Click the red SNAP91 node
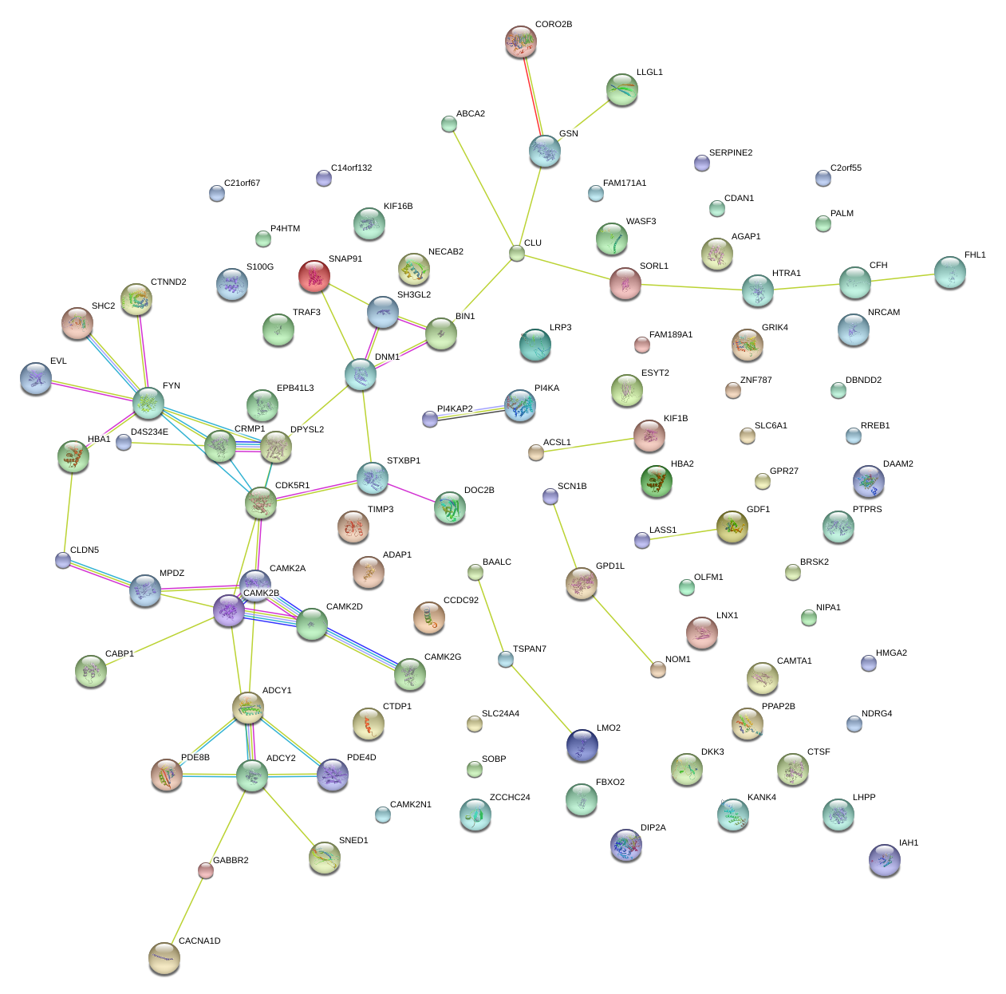pyautogui.click(x=314, y=276)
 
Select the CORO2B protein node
pyautogui.click(x=521, y=41)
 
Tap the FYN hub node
pyautogui.click(x=148, y=403)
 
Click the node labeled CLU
pyautogui.click(x=517, y=254)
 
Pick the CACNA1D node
pyautogui.click(x=164, y=957)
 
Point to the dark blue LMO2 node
pyautogui.click(x=582, y=745)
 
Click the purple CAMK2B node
pyautogui.click(x=229, y=610)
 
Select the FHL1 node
pyautogui.click(x=950, y=272)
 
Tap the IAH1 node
pyautogui.click(x=885, y=859)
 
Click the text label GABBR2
pyautogui.click(x=231, y=861)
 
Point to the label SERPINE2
pyautogui.click(x=731, y=153)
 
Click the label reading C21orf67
pyautogui.click(x=242, y=183)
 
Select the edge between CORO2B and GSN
pyautogui.click(x=533, y=97)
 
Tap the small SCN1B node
pyautogui.click(x=550, y=496)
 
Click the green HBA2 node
pyautogui.click(x=656, y=481)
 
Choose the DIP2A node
pyautogui.click(x=626, y=845)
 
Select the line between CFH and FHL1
pyautogui.click(x=902, y=278)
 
